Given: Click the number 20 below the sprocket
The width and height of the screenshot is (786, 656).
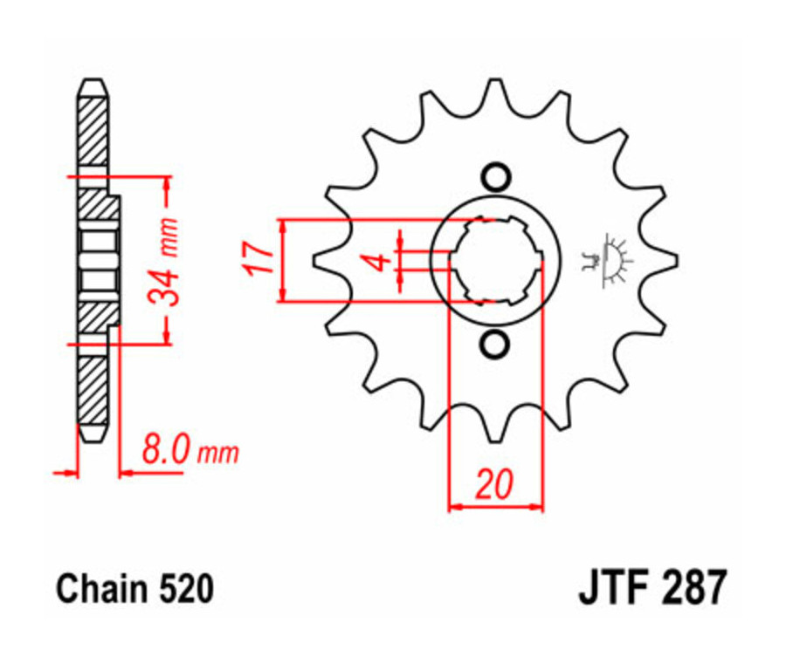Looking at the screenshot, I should pos(494,484).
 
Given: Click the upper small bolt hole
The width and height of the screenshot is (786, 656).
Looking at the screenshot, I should pos(495,177).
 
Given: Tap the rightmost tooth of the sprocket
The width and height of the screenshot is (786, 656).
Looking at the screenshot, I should pos(669,260).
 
